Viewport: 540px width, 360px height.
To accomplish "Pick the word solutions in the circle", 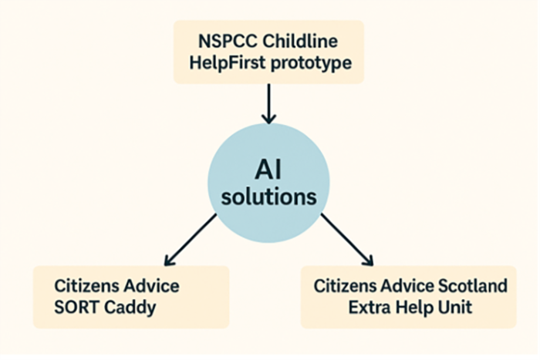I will click(268, 197).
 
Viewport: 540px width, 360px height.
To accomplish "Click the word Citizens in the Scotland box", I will click(345, 286).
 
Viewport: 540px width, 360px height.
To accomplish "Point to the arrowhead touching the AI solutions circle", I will click(268, 118).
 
